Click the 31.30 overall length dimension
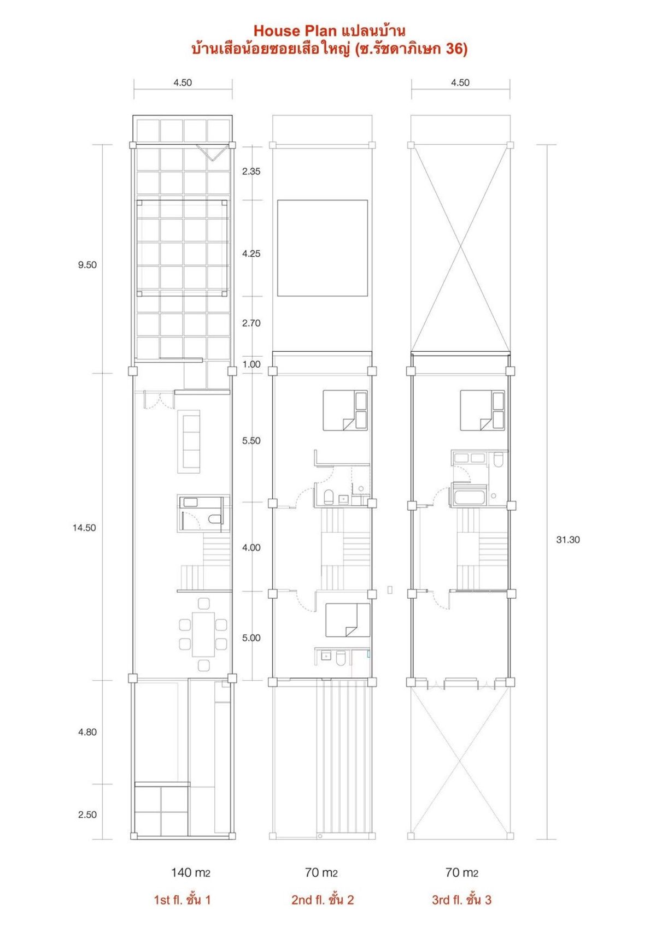coord(568,540)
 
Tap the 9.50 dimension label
coord(87,265)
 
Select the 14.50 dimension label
coord(84,528)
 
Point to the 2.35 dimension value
coord(251,172)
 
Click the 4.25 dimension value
coord(251,253)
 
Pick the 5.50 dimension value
coord(251,441)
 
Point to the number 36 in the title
coord(454,49)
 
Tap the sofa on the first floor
coord(189,441)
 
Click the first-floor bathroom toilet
coord(214,520)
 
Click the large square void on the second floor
coord(322,248)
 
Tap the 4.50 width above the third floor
coord(460,83)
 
